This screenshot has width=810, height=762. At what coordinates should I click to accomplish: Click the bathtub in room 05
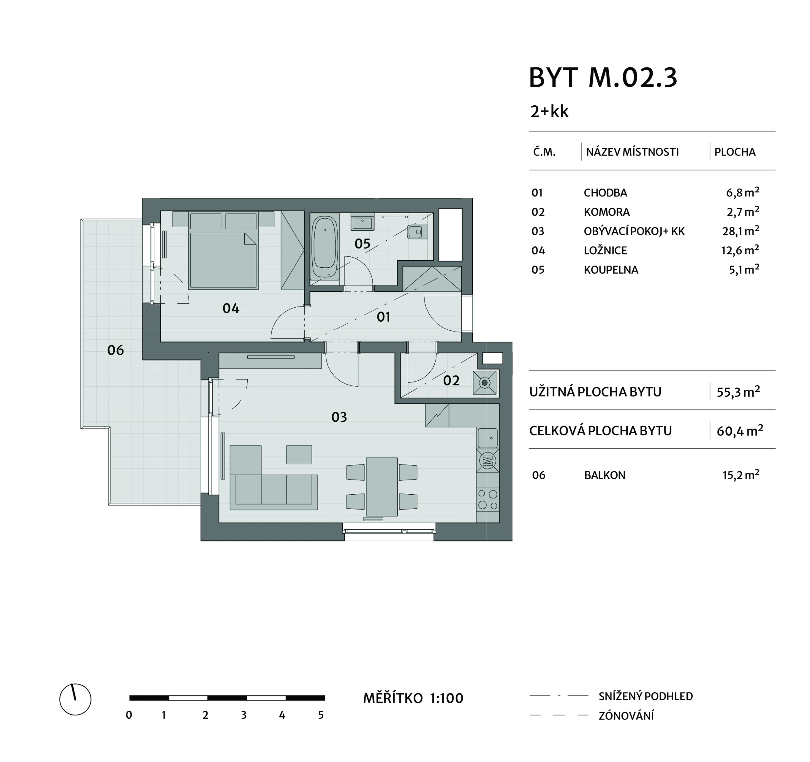(324, 247)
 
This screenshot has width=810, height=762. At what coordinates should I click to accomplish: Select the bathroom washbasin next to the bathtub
(362, 223)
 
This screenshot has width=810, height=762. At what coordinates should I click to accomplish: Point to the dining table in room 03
(382, 487)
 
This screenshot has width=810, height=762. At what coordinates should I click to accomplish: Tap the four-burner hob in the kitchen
(487, 499)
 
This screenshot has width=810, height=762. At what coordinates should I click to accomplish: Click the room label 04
(231, 309)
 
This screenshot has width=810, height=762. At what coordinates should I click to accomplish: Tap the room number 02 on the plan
(451, 380)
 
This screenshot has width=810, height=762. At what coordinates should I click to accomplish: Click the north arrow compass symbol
(75, 699)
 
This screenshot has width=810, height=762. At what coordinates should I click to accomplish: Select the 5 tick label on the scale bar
(321, 715)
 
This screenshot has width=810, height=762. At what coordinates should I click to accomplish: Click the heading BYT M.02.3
(603, 77)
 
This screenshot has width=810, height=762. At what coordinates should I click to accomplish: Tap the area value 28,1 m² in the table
(741, 231)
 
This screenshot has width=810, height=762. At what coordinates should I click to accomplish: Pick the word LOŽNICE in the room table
(605, 250)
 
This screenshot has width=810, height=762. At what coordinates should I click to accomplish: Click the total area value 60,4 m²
(740, 431)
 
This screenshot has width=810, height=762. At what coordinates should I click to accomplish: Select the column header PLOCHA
(735, 152)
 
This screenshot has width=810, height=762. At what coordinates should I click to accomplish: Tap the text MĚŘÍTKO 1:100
(413, 698)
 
